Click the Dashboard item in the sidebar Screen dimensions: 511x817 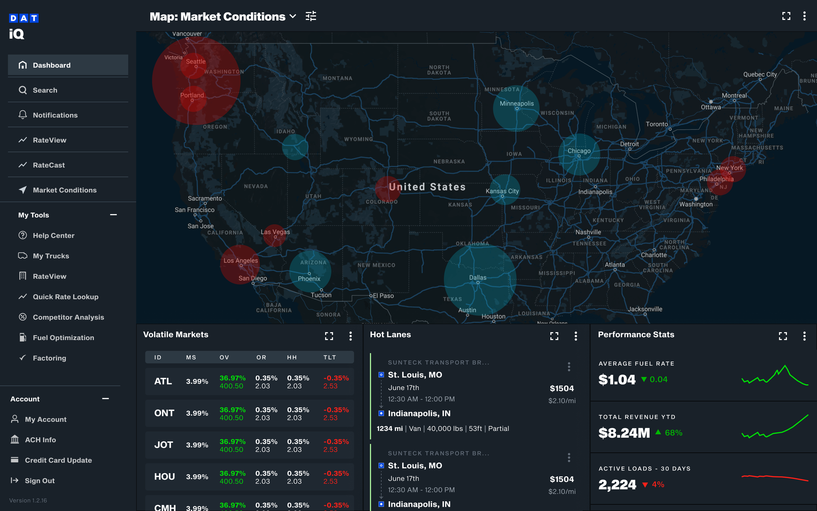point(51,65)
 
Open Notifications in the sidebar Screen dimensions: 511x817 point(55,115)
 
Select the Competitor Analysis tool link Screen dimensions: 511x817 point(68,317)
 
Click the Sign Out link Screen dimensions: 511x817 point(40,481)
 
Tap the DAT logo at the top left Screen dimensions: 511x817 point(24,18)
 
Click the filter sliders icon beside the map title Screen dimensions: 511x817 point(311,16)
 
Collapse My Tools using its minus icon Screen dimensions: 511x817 point(113,215)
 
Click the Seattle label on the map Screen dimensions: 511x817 point(195,61)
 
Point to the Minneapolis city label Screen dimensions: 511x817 point(516,103)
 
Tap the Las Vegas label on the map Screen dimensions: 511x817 point(275,232)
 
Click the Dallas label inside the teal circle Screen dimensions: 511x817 point(477,278)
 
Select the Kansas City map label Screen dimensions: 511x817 point(502,191)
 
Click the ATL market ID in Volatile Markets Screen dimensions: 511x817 point(163,381)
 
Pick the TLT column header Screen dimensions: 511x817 point(329,357)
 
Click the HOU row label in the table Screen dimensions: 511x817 point(164,477)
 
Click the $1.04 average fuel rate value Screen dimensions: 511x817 point(617,380)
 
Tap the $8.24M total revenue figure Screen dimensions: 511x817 point(624,433)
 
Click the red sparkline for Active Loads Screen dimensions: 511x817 point(775,477)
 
